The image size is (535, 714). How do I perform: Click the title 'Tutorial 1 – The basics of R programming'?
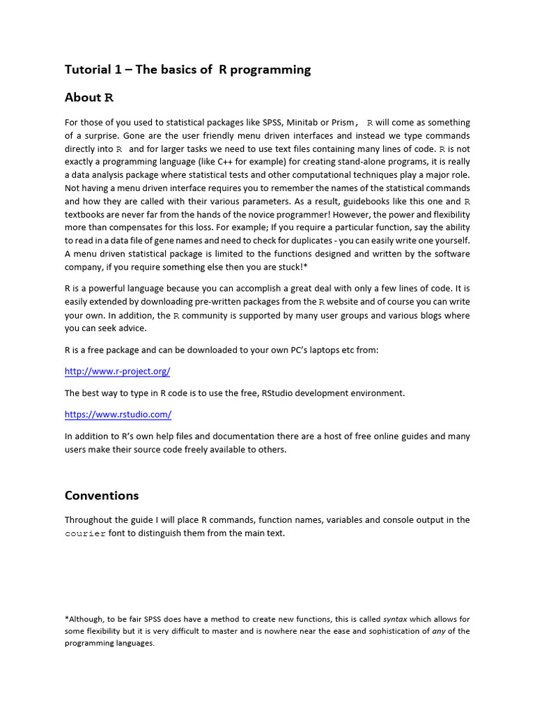pyautogui.click(x=187, y=70)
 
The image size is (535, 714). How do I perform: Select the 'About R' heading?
pyautogui.click(x=88, y=98)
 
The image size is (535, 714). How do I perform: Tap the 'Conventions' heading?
pyautogui.click(x=102, y=496)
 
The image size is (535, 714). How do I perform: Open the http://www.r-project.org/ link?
pyautogui.click(x=117, y=372)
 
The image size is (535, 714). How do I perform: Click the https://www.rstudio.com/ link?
pyautogui.click(x=118, y=414)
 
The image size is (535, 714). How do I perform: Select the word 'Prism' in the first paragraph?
pyautogui.click(x=339, y=122)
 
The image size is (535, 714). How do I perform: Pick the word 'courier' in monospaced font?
pyautogui.click(x=85, y=533)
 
